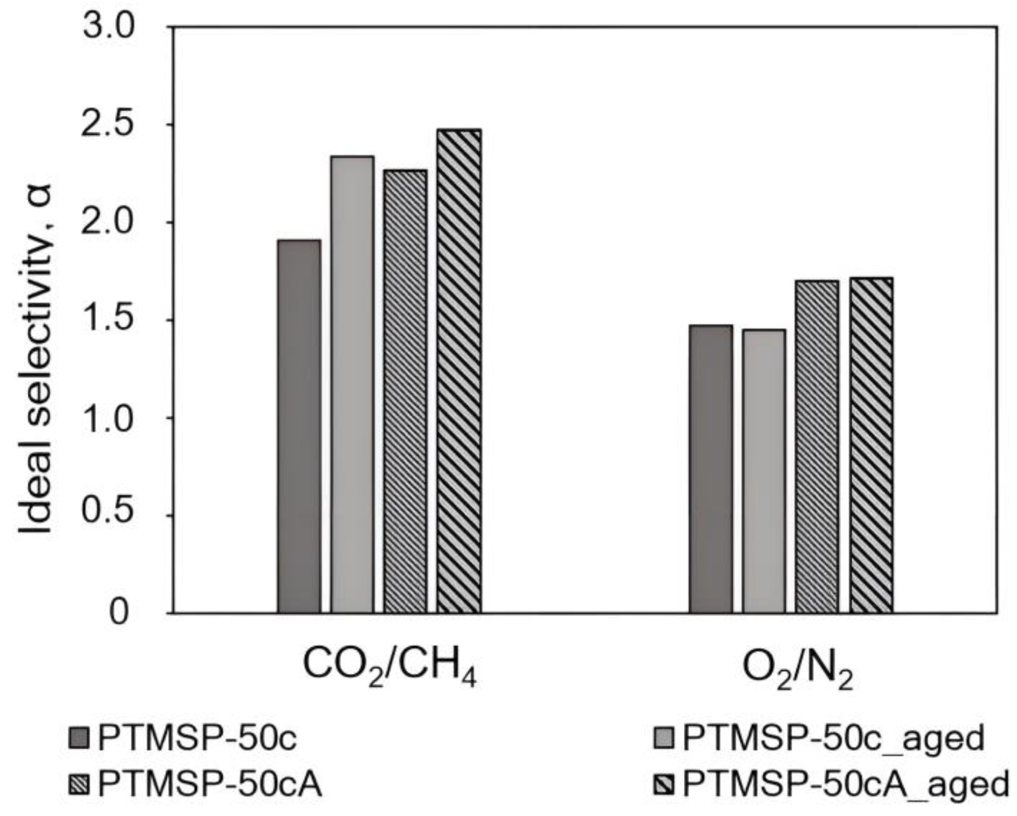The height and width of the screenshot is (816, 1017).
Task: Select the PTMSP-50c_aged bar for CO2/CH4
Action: [x=352, y=384]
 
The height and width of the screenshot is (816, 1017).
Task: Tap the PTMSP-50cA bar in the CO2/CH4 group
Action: [x=405, y=391]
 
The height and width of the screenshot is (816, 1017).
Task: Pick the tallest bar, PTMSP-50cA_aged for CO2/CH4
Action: [x=459, y=371]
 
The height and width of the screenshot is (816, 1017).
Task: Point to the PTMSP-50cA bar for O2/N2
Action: [x=817, y=447]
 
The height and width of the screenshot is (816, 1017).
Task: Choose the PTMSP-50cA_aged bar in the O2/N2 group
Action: [x=870, y=445]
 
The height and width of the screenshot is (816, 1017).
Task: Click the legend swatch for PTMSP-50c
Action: [x=79, y=738]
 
